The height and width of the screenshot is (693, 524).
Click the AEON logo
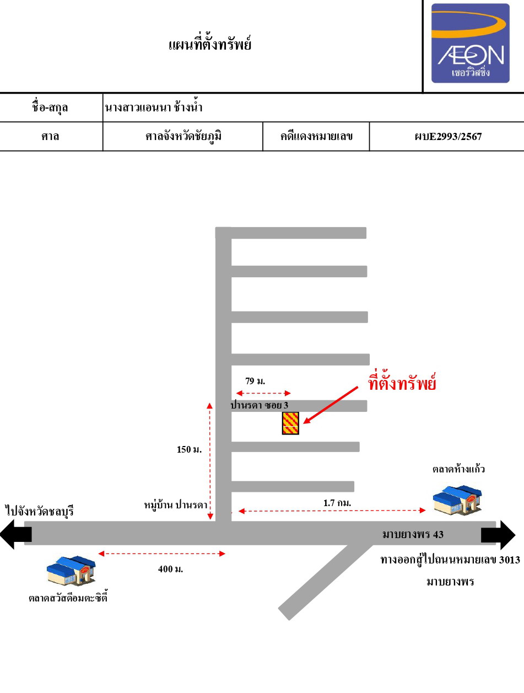(x=470, y=43)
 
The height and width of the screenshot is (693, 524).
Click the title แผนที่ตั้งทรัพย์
(x=210, y=44)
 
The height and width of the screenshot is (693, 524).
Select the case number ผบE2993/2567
(x=448, y=136)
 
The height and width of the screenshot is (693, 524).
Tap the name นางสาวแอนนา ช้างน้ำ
(x=154, y=108)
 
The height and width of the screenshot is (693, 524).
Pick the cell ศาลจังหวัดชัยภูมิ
(x=183, y=136)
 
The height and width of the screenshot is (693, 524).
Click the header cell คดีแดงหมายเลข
(x=316, y=136)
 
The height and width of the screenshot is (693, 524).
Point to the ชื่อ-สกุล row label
(x=50, y=108)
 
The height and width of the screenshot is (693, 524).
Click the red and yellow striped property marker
(x=290, y=423)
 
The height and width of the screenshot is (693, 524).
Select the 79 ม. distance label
(x=255, y=381)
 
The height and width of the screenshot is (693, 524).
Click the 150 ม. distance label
(x=189, y=449)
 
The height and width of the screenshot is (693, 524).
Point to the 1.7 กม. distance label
(x=337, y=503)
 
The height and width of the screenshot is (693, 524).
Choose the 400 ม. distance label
(x=170, y=569)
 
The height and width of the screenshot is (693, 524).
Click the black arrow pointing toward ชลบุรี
(x=16, y=535)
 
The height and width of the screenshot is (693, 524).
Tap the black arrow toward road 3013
(x=498, y=535)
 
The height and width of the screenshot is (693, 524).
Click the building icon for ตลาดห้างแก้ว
(x=457, y=501)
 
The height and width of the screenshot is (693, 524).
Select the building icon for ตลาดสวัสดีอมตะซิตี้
(x=71, y=571)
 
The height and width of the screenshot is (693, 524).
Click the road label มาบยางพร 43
(x=413, y=534)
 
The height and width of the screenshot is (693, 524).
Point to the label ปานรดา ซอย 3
(x=260, y=405)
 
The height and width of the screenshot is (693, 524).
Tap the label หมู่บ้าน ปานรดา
(x=176, y=505)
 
